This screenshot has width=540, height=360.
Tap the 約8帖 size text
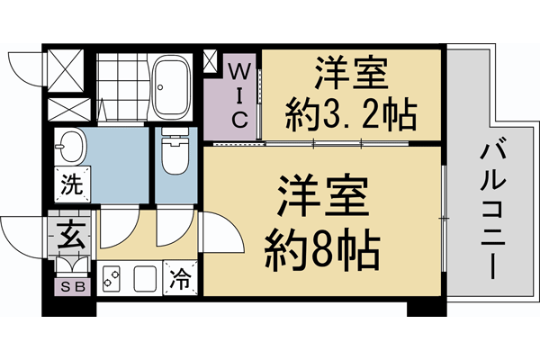coord(322,244)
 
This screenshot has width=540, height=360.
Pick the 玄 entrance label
coord(69,236)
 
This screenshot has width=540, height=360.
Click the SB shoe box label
coord(69,287)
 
